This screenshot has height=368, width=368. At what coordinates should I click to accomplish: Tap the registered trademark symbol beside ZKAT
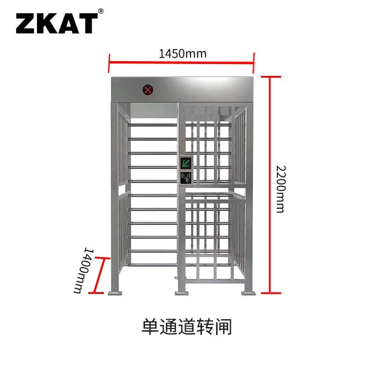pos(101,11)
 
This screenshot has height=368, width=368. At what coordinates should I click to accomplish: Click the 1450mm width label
pos(183,54)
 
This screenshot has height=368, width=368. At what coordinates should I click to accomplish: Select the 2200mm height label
pos(281,189)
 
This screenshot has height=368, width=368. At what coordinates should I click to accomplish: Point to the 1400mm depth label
pos(83,270)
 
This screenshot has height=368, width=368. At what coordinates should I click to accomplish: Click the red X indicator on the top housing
pos(148,90)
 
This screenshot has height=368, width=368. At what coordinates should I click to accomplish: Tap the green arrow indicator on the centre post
pos(186,163)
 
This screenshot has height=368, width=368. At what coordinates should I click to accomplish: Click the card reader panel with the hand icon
pos(186,178)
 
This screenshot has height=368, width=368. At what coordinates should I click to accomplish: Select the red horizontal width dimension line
pos(181,63)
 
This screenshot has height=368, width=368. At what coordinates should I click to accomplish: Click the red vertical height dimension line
pos(270,185)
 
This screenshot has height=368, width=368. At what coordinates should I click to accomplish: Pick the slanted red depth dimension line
pos(99,275)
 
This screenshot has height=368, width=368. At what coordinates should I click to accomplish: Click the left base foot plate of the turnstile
pos(115,293)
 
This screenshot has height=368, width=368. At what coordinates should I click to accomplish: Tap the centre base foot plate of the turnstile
pos(182,293)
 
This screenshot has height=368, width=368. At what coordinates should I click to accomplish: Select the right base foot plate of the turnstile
pos(248,293)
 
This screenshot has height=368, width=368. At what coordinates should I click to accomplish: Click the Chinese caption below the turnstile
pos(187,327)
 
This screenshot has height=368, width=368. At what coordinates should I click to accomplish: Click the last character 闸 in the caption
pos(223,327)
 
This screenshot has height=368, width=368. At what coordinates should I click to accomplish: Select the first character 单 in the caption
pos(150,327)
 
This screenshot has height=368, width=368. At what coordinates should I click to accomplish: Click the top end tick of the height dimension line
pos(271,77)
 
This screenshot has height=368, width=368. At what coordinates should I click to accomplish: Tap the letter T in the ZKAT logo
pos(88,23)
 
